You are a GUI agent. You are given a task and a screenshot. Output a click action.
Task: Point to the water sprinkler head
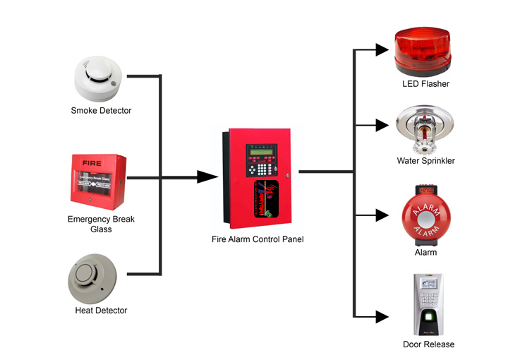click(425, 129)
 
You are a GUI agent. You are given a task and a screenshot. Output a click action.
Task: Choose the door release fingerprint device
click(428, 304)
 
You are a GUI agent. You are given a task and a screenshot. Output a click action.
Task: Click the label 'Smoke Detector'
click(101, 111)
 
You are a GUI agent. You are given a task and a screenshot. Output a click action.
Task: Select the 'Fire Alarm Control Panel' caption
click(258, 239)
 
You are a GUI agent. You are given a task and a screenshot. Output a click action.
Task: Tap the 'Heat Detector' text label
click(101, 311)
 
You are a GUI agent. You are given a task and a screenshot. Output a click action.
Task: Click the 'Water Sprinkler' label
click(425, 161)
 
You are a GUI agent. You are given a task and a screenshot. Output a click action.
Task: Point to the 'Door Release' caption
click(428, 344)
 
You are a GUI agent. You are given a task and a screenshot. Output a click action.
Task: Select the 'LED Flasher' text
click(425, 84)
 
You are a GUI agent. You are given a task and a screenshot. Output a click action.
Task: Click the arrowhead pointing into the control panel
click(206, 176)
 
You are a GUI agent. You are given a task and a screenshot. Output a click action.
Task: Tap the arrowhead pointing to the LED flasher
click(382, 49)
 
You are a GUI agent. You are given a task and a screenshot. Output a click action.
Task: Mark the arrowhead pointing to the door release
click(382, 318)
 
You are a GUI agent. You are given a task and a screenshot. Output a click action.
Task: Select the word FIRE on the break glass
click(92, 163)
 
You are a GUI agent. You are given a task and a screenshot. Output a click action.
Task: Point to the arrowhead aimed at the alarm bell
click(382, 215)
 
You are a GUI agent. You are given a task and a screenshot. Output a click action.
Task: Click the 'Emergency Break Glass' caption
click(101, 224)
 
